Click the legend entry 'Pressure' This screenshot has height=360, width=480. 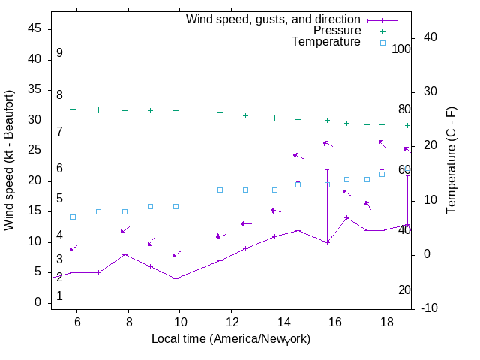tap(337, 31)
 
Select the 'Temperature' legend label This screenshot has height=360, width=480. tap(326, 42)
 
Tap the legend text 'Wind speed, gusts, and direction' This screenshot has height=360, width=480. tap(274, 19)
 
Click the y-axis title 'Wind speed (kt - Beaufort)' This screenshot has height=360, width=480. tap(10, 160)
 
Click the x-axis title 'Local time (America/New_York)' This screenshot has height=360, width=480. tap(231, 339)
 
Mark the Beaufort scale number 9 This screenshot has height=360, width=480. tap(59, 53)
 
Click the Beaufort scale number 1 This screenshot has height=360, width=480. tap(59, 296)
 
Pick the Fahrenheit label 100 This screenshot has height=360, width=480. tap(401, 49)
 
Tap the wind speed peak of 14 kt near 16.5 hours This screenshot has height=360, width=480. tap(346, 217)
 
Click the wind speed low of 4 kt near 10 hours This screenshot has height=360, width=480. tap(175, 278)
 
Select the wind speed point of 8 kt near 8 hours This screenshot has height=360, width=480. tap(124, 254)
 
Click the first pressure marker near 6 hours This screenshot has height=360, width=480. tap(73, 109)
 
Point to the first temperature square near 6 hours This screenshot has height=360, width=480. tap(73, 217)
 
